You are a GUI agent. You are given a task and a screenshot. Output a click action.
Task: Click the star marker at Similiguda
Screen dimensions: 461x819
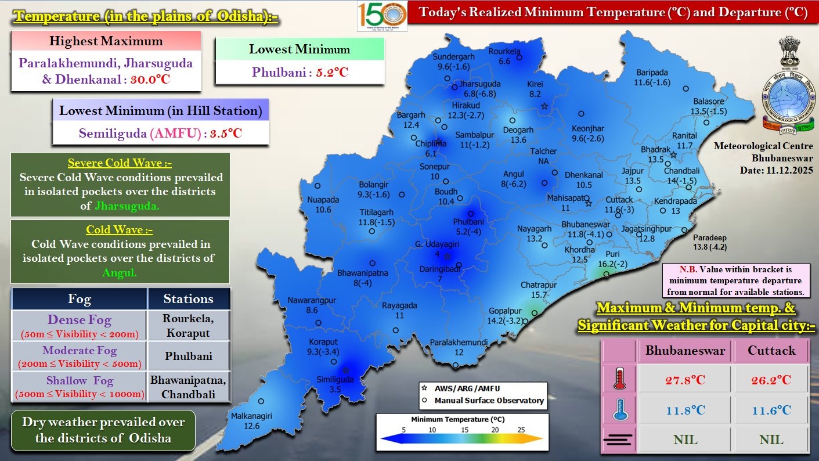[346, 369]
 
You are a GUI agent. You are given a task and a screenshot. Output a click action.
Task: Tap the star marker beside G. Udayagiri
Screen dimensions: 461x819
[447, 256]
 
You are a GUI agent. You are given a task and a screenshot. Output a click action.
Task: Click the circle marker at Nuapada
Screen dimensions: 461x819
[318, 186]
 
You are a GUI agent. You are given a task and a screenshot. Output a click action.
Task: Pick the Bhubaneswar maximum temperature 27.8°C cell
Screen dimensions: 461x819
[685, 380]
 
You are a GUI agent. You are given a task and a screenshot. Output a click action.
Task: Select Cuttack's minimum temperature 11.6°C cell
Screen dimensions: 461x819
[771, 410]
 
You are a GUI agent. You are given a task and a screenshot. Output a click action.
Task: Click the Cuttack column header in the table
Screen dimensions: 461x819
[771, 351]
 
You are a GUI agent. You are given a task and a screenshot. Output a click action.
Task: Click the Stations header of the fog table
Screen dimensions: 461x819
[188, 299]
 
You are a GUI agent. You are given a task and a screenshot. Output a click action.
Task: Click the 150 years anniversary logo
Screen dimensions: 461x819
[381, 16]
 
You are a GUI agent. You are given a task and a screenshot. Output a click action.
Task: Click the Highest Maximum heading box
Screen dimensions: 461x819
[106, 41]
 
